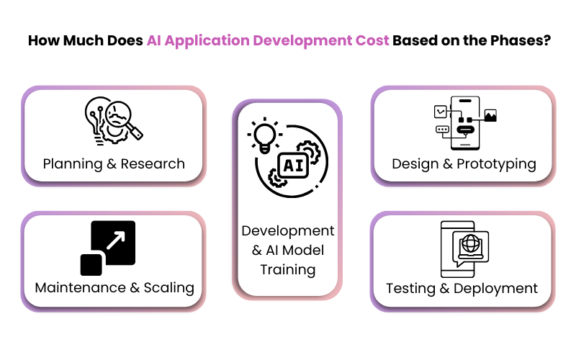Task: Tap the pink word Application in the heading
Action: tap(207, 41)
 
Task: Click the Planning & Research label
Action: tap(114, 164)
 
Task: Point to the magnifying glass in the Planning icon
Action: tap(123, 119)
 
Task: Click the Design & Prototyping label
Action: tap(464, 164)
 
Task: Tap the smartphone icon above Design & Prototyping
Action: tap(465, 123)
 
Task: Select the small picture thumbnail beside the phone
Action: tap(490, 115)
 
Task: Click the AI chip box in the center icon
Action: tap(294, 166)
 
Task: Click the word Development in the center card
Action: tap(288, 230)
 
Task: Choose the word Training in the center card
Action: tap(288, 269)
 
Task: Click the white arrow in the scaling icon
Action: tap(116, 240)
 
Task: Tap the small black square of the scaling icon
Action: tap(91, 264)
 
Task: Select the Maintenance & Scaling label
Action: tap(114, 287)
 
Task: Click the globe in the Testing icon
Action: tap(470, 243)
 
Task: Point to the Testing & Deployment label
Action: tap(462, 289)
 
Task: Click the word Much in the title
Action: tap(83, 40)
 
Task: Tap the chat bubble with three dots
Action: tap(442, 130)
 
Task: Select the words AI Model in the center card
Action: tap(294, 250)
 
